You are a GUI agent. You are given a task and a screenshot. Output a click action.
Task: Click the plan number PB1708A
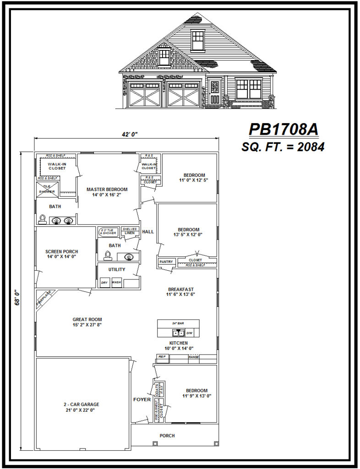point(283,130)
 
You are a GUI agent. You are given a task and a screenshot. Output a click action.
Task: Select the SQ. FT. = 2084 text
point(283,147)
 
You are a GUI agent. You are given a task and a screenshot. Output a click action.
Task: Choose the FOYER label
point(142,399)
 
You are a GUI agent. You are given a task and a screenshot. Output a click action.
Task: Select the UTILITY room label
point(116,269)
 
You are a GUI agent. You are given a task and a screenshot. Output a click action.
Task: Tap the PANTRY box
point(166,262)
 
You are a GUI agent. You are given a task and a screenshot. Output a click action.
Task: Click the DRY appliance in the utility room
point(104,283)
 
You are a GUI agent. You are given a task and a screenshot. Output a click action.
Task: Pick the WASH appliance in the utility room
point(116,283)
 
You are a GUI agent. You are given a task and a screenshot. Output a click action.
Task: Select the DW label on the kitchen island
point(189,333)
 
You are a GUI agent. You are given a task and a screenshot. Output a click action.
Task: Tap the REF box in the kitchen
point(162,356)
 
